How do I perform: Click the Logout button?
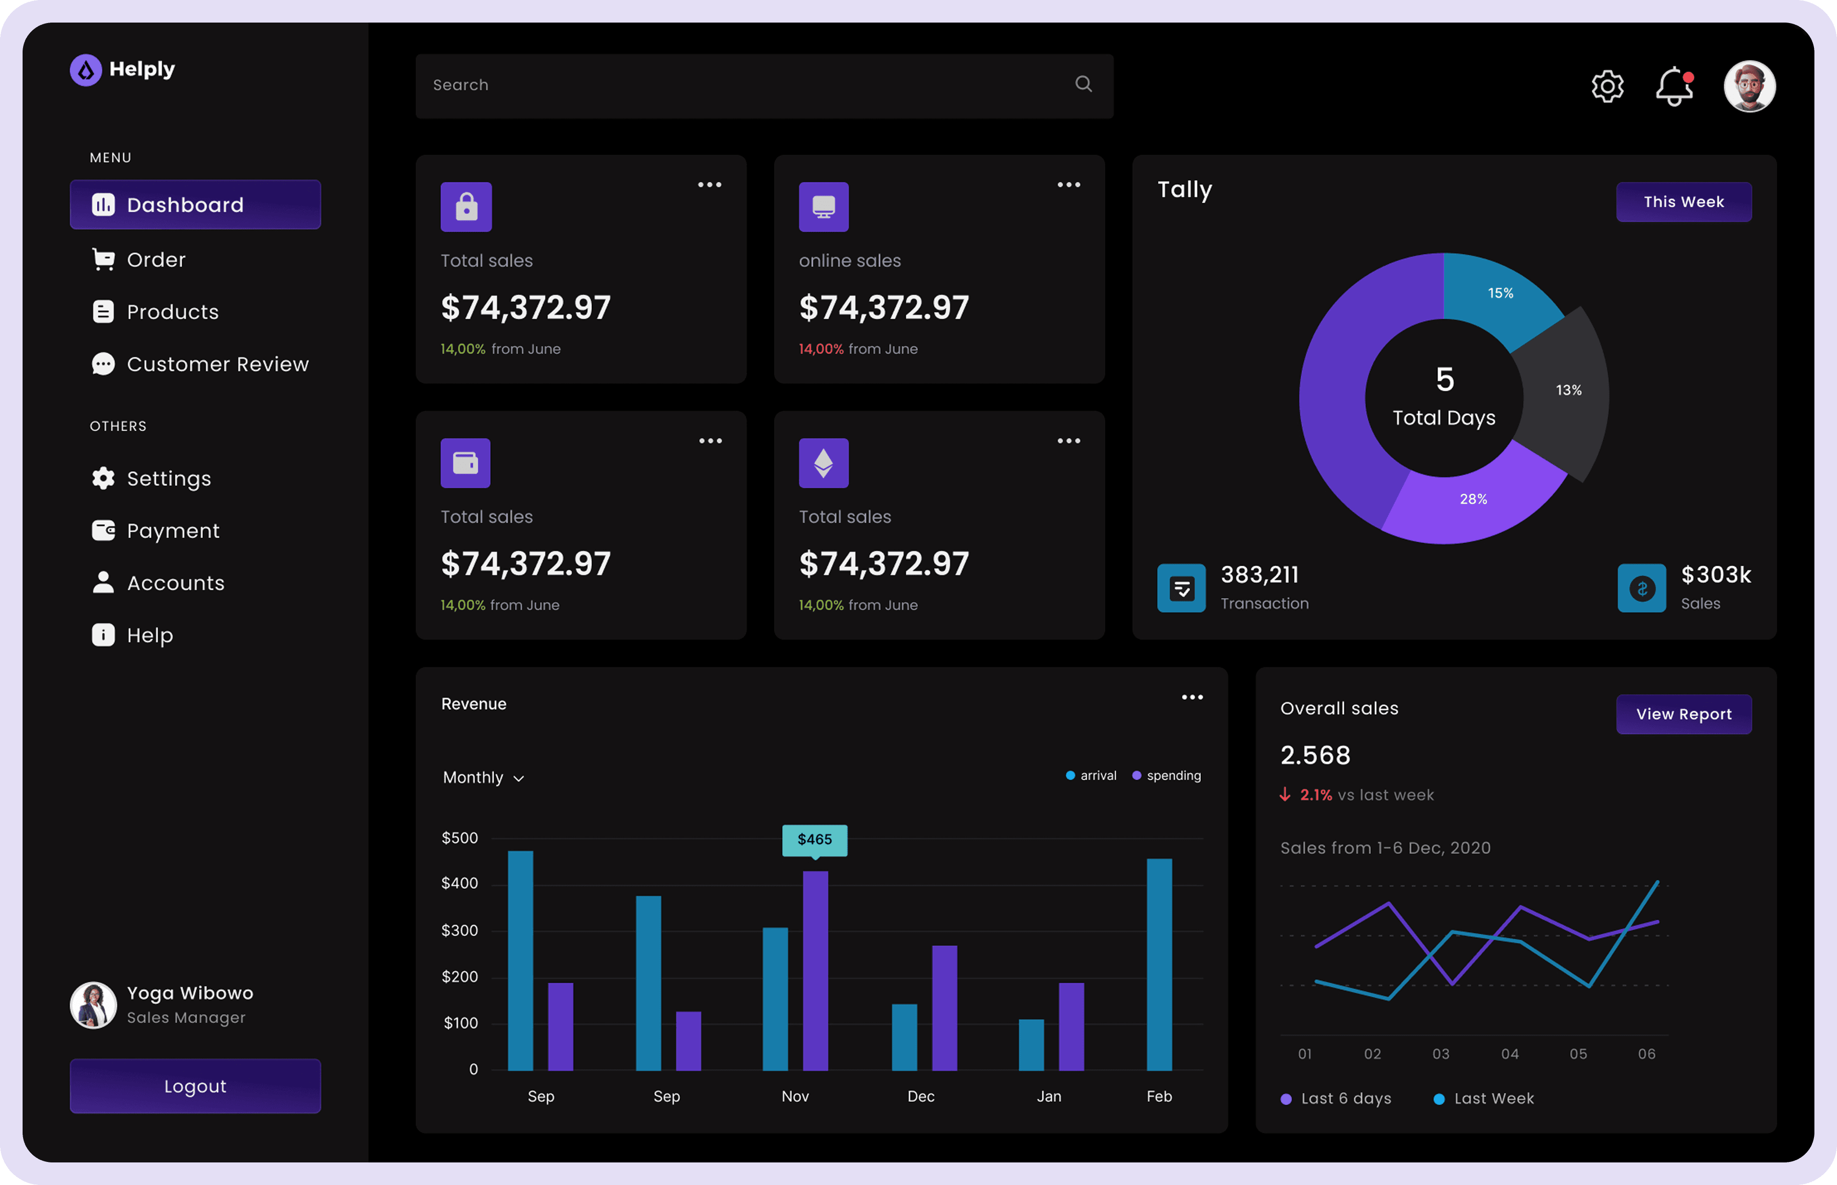[195, 1086]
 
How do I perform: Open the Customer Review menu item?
[200, 364]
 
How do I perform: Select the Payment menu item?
[156, 531]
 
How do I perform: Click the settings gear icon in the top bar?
[1607, 86]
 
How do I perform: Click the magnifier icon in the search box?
[1083, 84]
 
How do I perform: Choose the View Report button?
[1684, 714]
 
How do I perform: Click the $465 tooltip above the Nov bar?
[815, 839]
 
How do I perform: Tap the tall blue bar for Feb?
[1159, 964]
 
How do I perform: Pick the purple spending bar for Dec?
[945, 1008]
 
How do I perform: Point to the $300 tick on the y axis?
[460, 930]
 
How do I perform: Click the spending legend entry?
[1166, 775]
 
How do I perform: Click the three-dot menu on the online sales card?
[1069, 185]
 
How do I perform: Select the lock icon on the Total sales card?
[467, 207]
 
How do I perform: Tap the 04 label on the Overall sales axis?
[1510, 1053]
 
